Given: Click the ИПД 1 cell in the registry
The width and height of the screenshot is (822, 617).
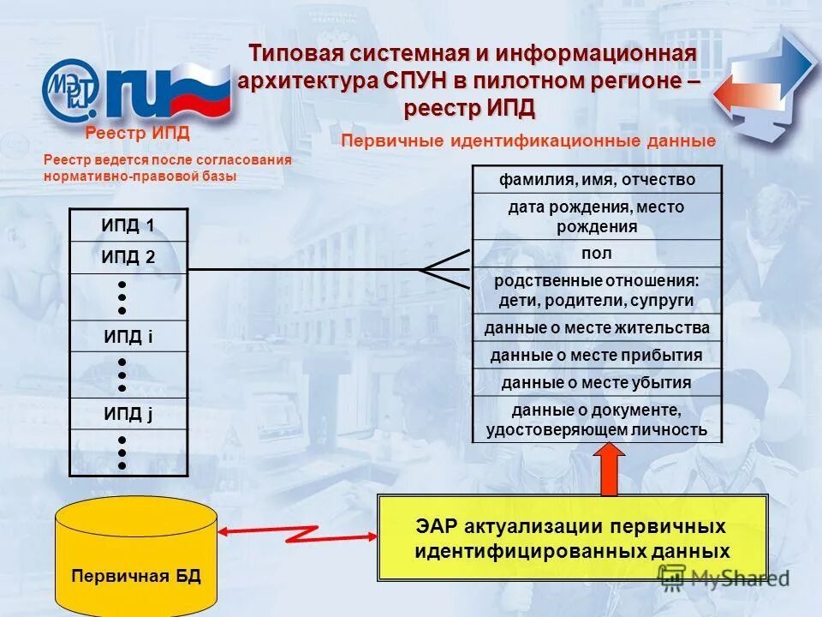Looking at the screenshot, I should click(x=128, y=226).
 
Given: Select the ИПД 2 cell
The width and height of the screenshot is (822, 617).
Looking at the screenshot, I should click(x=128, y=258).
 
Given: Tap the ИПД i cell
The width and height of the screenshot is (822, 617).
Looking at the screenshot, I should click(x=128, y=336).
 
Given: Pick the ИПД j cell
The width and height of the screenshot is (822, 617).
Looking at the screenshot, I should click(x=128, y=414).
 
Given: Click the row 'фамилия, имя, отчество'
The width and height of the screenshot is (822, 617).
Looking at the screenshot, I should click(x=597, y=179).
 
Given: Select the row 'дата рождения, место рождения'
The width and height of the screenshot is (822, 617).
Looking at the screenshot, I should click(x=597, y=216).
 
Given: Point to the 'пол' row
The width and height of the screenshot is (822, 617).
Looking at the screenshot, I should click(x=597, y=254).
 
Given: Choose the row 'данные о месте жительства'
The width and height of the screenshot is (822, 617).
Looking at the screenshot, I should click(x=597, y=328).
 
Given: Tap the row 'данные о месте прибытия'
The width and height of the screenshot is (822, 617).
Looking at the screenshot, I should click(x=597, y=355).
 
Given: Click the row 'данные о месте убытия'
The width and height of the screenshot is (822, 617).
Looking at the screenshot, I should click(x=597, y=382).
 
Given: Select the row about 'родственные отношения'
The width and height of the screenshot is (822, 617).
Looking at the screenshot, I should click(x=597, y=291).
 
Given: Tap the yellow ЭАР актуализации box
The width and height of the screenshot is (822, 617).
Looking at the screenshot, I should click(x=572, y=538).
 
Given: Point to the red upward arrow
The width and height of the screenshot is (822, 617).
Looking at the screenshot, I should click(x=610, y=469).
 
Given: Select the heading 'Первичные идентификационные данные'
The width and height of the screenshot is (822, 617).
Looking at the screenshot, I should click(x=527, y=141).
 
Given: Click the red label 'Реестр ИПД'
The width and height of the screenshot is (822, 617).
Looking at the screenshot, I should click(x=137, y=134).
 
